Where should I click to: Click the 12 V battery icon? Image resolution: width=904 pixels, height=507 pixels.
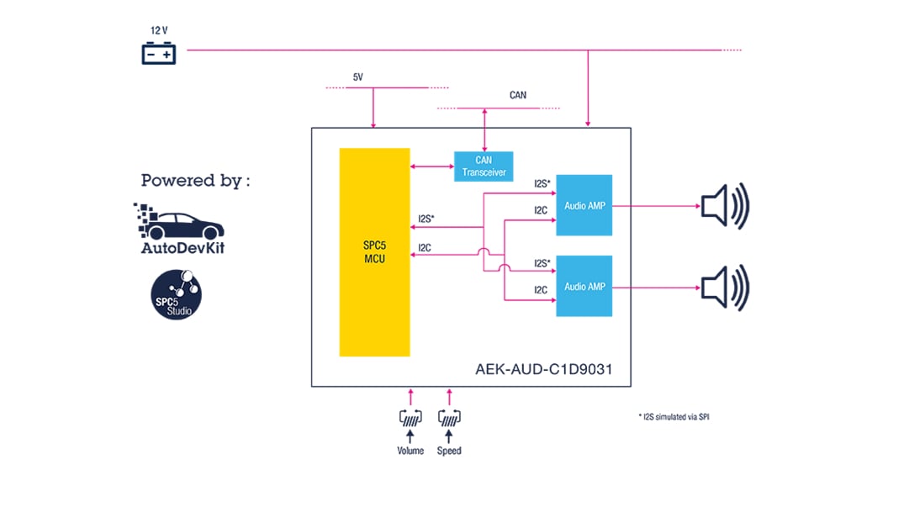pyautogui.click(x=158, y=55)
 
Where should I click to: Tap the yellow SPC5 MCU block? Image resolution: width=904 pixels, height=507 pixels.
pyautogui.click(x=374, y=252)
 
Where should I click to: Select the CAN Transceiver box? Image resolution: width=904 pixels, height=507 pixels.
pyautogui.click(x=483, y=166)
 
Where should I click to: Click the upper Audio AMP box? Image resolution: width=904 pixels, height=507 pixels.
pyautogui.click(x=584, y=205)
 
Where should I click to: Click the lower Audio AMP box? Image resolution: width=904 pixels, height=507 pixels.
pyautogui.click(x=584, y=286)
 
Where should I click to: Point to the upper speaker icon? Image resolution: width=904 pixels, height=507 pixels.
pyautogui.click(x=724, y=205)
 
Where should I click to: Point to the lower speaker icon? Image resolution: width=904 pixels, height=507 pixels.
pyautogui.click(x=724, y=287)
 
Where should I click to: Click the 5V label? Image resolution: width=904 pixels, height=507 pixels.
pyautogui.click(x=357, y=77)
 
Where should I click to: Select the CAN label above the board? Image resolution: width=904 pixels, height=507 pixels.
pyautogui.click(x=518, y=95)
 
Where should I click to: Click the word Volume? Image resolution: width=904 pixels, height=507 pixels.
pyautogui.click(x=410, y=451)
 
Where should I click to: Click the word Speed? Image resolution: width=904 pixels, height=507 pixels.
pyautogui.click(x=449, y=451)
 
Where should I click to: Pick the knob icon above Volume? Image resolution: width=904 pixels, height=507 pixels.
pyautogui.click(x=410, y=416)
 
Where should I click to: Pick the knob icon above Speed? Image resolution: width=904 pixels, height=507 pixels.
pyautogui.click(x=449, y=416)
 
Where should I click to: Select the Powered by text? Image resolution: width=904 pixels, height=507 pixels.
pyautogui.click(x=195, y=180)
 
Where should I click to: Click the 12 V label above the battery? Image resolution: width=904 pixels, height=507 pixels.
pyautogui.click(x=158, y=30)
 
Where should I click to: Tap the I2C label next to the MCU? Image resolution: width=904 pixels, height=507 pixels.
pyautogui.click(x=426, y=247)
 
